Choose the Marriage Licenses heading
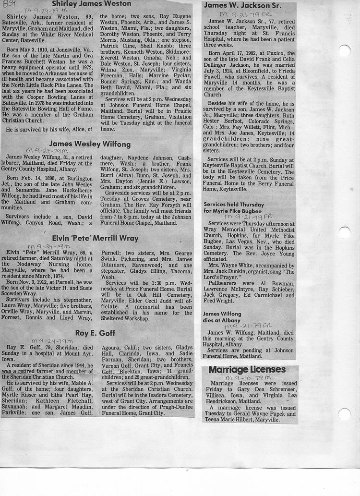coord(247,370)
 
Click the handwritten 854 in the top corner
coord(9,4)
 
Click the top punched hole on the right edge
coord(344,50)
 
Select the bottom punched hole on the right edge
coord(344,414)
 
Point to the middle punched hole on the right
coord(344,232)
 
